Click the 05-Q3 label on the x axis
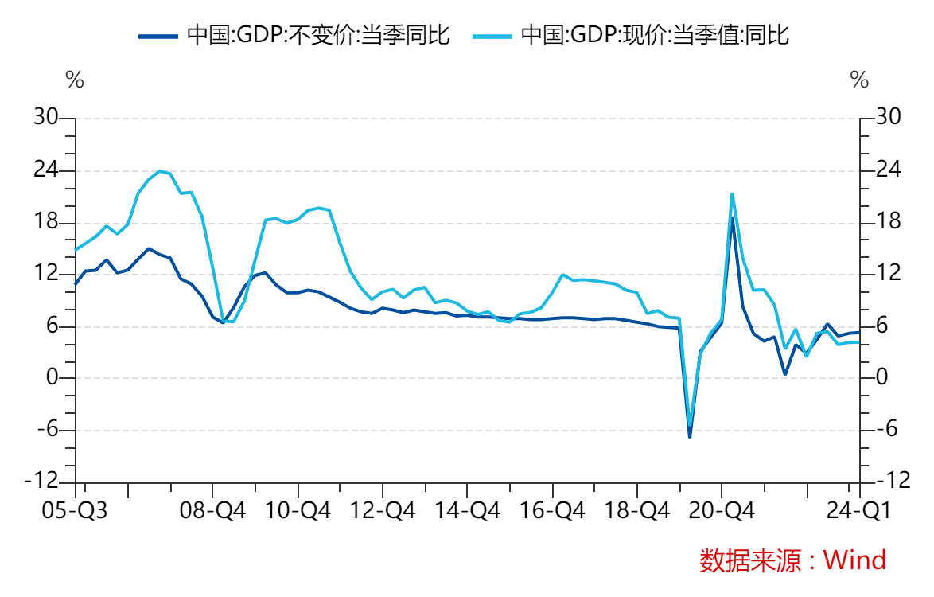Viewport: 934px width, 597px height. click(x=75, y=510)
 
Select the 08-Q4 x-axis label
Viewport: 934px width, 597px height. click(x=213, y=510)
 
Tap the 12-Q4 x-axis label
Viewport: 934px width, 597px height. click(x=382, y=510)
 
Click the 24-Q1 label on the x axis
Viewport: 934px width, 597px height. click(x=859, y=510)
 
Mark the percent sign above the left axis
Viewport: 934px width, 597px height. click(x=74, y=80)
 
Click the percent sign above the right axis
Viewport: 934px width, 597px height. click(x=859, y=80)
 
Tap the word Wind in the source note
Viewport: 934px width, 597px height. click(x=855, y=560)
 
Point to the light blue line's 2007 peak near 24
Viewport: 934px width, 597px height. click(x=160, y=170)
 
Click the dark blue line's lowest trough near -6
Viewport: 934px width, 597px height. click(x=690, y=436)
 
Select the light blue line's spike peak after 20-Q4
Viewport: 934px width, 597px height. click(x=732, y=193)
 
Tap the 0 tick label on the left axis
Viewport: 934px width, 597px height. click(x=53, y=378)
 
